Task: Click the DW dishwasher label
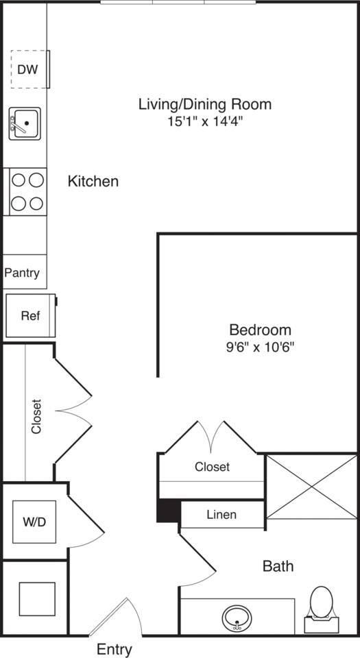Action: coord(27,69)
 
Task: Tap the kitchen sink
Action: coord(25,123)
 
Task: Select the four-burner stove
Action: coord(27,192)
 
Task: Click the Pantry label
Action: coord(22,273)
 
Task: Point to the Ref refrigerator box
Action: coord(30,316)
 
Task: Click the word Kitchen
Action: coord(93,182)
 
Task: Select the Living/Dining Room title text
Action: coord(205,104)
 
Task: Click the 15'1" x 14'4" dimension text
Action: coord(205,122)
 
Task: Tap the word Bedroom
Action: coord(260,330)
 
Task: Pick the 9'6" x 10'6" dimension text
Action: coord(260,347)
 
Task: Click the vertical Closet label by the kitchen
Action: coord(36,417)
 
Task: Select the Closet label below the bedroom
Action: coord(212,467)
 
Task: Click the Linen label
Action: coord(221,515)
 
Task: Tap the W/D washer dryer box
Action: coord(34,522)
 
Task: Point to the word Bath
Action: coord(278,566)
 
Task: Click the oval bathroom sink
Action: coord(238,619)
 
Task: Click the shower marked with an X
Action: coord(311,486)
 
